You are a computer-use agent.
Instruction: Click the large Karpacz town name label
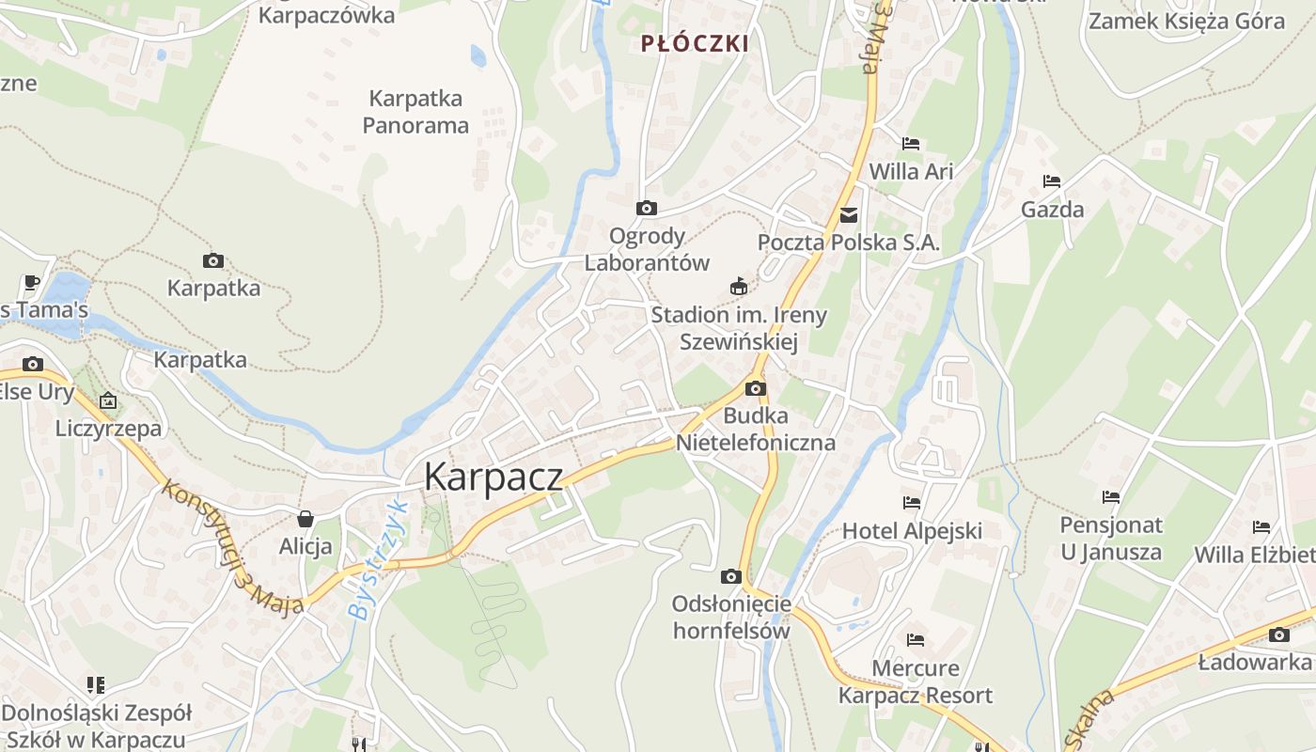point(493,477)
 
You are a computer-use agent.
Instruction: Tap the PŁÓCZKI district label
point(695,43)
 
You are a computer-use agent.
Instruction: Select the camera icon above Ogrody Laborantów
point(647,208)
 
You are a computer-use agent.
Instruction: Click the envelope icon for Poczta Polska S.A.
point(850,214)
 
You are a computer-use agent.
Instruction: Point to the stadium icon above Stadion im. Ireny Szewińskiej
point(739,287)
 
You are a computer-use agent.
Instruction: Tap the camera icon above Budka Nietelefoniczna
point(756,388)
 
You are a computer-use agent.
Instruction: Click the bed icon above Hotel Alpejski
point(911,503)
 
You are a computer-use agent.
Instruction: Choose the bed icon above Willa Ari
point(911,144)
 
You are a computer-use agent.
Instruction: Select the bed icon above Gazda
point(1052,181)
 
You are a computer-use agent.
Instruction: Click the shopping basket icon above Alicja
point(305,518)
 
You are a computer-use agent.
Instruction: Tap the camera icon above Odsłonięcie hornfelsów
point(730,576)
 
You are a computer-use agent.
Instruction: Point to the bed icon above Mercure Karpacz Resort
point(916,640)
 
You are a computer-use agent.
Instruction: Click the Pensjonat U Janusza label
point(1111,538)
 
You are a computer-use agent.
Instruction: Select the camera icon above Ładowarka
point(1278,634)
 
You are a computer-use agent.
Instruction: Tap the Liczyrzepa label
point(108,429)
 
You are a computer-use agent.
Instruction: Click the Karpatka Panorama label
point(415,111)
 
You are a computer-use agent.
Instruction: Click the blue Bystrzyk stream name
point(378,559)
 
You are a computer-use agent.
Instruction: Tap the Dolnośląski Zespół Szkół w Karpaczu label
point(96,725)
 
